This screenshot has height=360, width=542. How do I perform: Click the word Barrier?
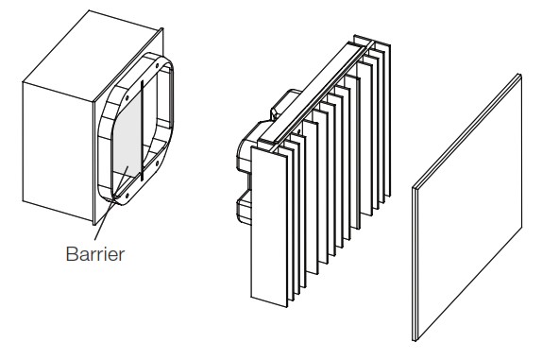point(95,254)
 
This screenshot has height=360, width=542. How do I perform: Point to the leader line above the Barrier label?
point(111,203)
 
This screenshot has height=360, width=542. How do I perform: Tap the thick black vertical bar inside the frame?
point(142,130)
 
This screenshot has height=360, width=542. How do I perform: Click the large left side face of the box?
point(58,152)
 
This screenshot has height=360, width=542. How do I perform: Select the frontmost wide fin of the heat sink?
point(269,227)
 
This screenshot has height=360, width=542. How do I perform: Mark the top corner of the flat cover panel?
point(518,75)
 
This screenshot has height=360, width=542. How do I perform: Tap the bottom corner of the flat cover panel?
point(415,340)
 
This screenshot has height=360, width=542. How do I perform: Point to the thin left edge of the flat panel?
point(415,265)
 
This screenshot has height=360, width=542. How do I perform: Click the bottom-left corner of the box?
point(23,200)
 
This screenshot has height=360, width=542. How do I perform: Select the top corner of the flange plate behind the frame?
point(162,28)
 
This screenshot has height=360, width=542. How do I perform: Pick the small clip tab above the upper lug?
point(275,112)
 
